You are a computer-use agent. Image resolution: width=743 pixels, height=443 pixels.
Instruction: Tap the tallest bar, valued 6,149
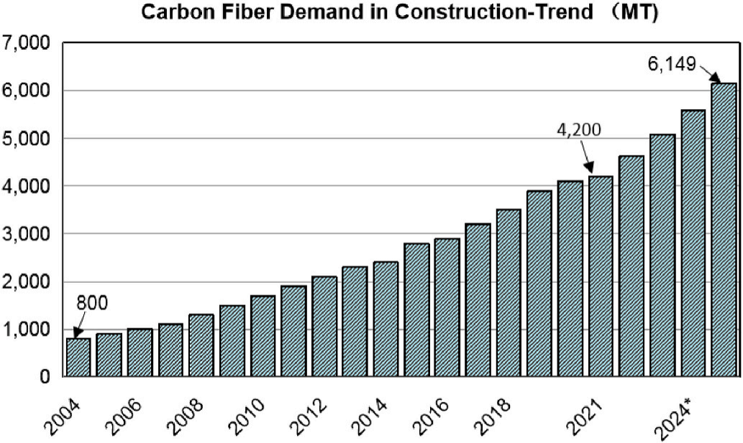[x=724, y=230]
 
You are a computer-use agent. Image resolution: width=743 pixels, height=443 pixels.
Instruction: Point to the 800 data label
[x=92, y=302]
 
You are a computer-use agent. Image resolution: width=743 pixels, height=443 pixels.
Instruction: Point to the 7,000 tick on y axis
[x=26, y=43]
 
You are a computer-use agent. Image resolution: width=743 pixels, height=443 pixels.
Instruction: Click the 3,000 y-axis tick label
[x=26, y=234]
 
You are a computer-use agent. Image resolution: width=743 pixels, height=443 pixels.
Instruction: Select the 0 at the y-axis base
[x=45, y=376]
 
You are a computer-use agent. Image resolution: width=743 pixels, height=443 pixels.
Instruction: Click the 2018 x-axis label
[x=497, y=410]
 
